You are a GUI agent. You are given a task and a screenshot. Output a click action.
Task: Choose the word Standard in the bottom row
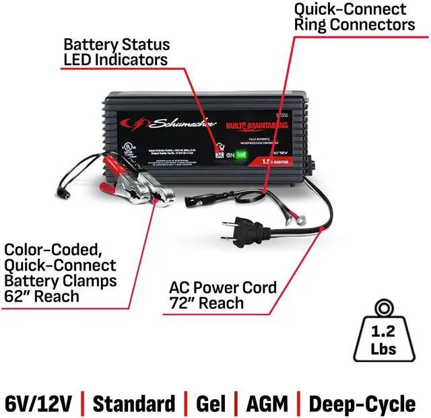pyautogui.click(x=133, y=404)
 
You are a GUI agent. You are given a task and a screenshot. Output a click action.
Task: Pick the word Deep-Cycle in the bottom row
pyautogui.click(x=362, y=404)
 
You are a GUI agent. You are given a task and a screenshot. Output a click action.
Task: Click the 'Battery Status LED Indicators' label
pyautogui.click(x=115, y=52)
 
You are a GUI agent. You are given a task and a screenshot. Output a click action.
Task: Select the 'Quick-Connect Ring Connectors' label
pyautogui.click(x=354, y=17)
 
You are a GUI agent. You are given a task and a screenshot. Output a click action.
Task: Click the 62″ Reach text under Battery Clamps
pyautogui.click(x=41, y=296)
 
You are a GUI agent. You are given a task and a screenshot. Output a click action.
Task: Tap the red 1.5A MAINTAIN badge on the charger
pyautogui.click(x=268, y=174)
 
